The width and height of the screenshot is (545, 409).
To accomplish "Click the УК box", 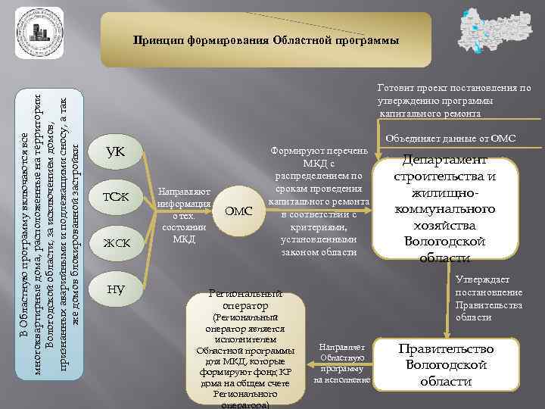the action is coord(116,154).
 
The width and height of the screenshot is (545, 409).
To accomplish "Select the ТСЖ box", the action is coord(116,198).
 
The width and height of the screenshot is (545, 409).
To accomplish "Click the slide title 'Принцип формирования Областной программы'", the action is coord(265,39).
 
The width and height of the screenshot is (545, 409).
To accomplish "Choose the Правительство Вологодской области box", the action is coord(450,364).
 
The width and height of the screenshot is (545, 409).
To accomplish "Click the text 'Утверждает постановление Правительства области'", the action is coord(489,298).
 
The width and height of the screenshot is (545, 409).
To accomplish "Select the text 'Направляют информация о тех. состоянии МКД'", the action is coord(184,214).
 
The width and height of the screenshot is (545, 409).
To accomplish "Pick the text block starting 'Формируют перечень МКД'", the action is coord(318,201).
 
